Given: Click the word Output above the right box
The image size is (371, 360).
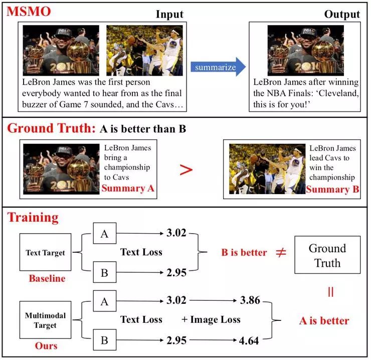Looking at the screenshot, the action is click(342, 14).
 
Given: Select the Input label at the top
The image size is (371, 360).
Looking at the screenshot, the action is click(169, 14).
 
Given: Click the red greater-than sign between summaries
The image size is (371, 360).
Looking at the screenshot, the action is click(186, 169).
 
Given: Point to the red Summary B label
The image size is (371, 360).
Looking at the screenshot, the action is click(333, 189).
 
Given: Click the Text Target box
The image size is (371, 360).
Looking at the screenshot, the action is click(45, 253).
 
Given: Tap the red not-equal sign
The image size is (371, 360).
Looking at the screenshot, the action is click(281, 252).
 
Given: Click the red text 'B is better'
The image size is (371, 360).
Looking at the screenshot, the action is click(244, 252).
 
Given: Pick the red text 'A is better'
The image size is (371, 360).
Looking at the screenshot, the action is click(324, 320).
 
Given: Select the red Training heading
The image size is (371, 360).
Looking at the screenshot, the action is click(33, 217).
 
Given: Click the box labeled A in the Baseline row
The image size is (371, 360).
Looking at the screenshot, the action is click(104, 233).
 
